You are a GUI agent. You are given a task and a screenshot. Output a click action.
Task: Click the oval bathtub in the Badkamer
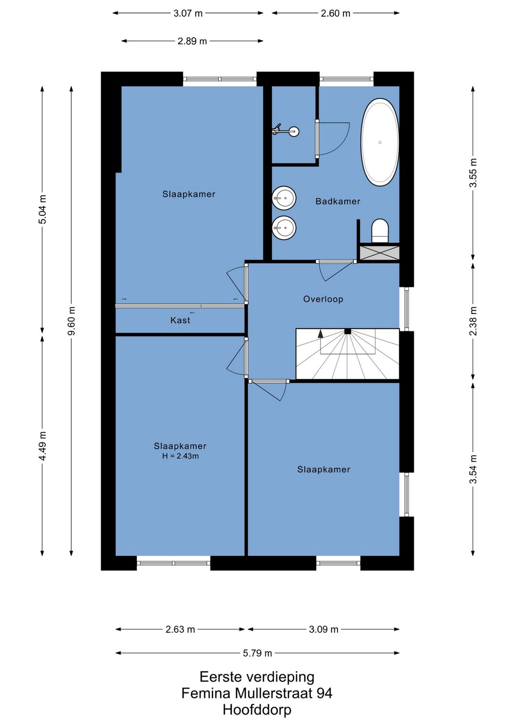tap(380, 142)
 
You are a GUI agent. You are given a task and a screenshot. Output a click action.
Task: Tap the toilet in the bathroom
tap(380, 231)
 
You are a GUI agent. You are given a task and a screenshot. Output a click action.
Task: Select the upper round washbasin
tap(284, 198)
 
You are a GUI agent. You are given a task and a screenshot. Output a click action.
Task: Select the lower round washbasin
tap(284, 228)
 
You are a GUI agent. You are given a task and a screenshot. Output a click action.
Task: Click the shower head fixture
tap(287, 131)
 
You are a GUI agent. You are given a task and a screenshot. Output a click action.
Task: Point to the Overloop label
tap(323, 299)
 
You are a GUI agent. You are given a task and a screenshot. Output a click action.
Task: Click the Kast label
tap(180, 321)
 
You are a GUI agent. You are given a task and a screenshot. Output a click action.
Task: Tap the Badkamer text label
tap(338, 202)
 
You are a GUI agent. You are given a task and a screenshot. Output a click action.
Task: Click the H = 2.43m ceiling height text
tap(180, 456)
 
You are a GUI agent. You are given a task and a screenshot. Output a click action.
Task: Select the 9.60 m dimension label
tap(72, 321)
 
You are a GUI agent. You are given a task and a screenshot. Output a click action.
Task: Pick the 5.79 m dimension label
tap(257, 653)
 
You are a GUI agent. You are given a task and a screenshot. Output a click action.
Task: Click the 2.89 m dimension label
tap(192, 41)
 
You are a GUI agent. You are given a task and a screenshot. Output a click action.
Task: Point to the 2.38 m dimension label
tap(473, 321)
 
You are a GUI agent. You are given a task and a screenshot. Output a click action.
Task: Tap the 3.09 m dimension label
tap(324, 629)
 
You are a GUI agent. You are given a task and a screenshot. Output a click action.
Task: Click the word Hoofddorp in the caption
tap(257, 710)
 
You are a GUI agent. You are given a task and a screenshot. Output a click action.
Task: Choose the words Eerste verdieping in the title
tap(257, 677)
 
